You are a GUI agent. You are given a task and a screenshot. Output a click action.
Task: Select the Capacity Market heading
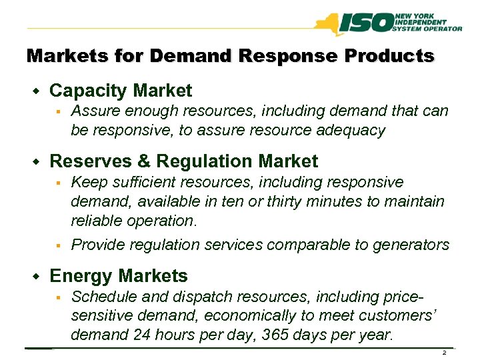click(x=121, y=91)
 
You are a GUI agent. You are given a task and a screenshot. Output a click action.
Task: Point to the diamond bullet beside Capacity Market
click(x=37, y=91)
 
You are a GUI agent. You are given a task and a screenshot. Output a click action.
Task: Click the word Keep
click(x=88, y=182)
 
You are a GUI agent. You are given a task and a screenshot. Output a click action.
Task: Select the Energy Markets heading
click(x=119, y=276)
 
